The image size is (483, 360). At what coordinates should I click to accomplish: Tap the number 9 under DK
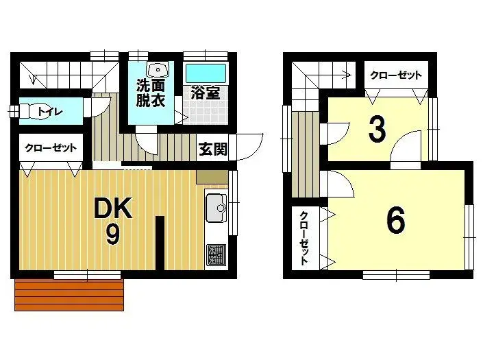coord(112,235)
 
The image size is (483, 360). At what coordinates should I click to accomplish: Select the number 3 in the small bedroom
coord(376,130)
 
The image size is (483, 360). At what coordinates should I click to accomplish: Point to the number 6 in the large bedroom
coord(395,220)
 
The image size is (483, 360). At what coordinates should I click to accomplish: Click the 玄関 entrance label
coord(212,149)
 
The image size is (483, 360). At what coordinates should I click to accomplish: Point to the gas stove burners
coord(216,254)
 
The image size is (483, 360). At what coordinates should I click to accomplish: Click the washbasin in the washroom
coord(160,69)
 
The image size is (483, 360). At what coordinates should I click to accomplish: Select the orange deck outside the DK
coord(69,295)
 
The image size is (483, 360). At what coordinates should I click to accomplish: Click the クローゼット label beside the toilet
coord(49,147)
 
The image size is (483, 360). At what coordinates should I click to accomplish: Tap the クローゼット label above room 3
coord(395,75)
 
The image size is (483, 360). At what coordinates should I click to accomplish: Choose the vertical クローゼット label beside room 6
coord(304,238)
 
